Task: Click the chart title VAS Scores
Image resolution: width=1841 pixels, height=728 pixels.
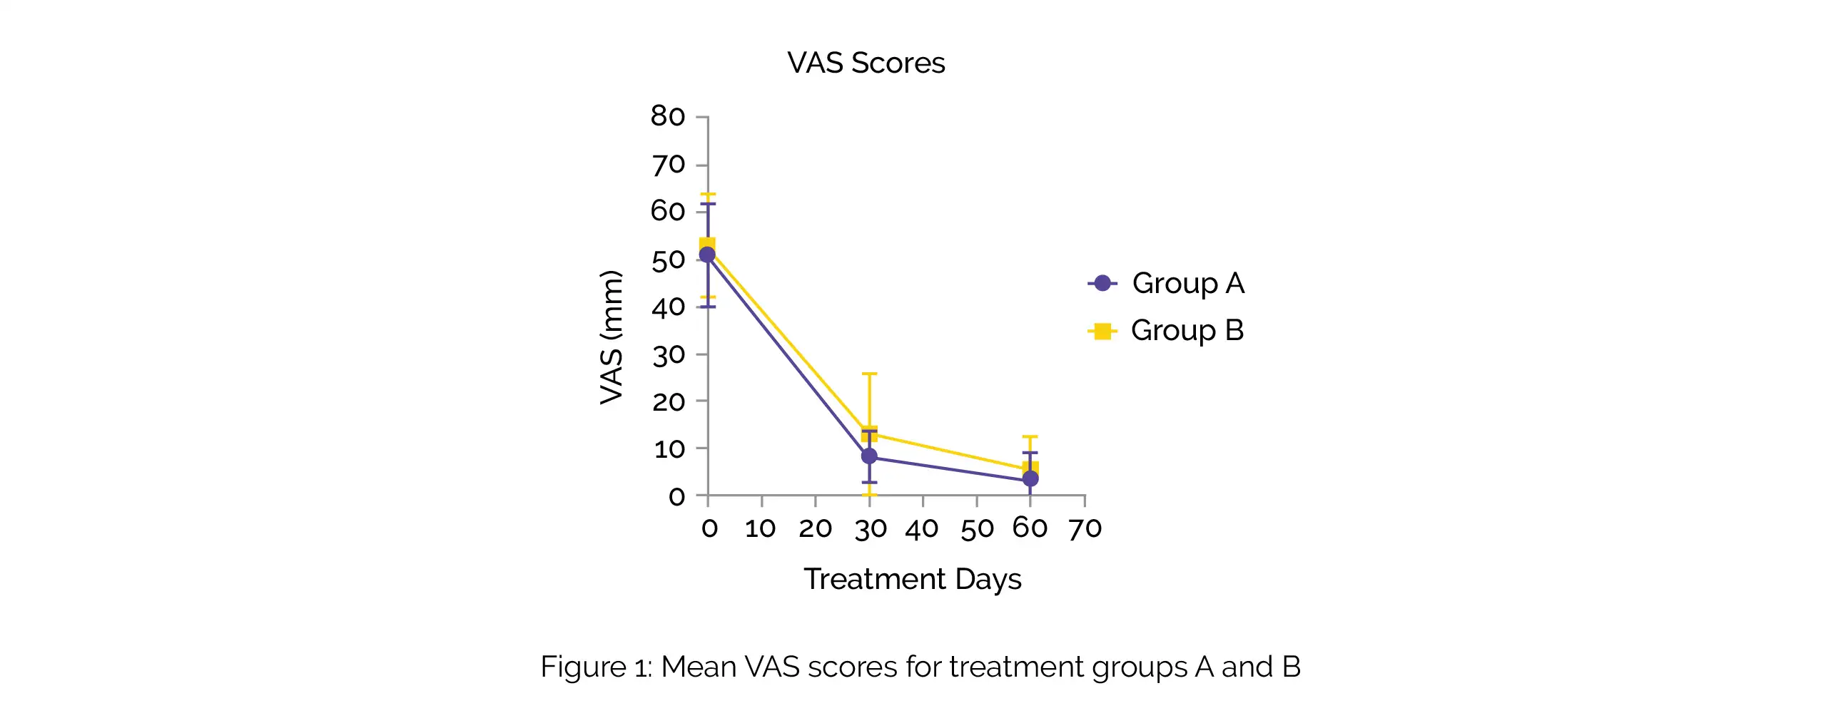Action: pyautogui.click(x=866, y=63)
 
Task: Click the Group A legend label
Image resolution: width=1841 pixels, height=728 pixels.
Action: pyautogui.click(x=1188, y=284)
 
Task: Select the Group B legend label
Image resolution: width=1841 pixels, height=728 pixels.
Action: pyautogui.click(x=1187, y=331)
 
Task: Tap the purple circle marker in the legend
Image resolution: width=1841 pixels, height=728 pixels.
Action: pyautogui.click(x=1102, y=284)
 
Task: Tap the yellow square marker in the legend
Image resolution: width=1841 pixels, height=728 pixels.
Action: pyautogui.click(x=1102, y=331)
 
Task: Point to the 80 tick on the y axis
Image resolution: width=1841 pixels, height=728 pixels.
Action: pyautogui.click(x=667, y=116)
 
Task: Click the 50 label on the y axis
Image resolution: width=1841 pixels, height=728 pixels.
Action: pyautogui.click(x=667, y=260)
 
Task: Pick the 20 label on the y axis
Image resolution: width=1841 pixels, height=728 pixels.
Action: pyautogui.click(x=667, y=401)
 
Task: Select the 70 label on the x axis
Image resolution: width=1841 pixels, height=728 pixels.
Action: pyautogui.click(x=1085, y=528)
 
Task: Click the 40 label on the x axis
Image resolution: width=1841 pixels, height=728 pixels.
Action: pyautogui.click(x=922, y=528)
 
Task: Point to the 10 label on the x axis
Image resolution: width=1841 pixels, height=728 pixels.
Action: pyautogui.click(x=761, y=528)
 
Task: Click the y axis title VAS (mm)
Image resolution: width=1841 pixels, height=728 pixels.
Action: pyautogui.click(x=611, y=337)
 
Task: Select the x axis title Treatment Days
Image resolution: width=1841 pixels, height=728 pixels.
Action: pyautogui.click(x=912, y=579)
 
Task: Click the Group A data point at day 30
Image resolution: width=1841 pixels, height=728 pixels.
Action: pyautogui.click(x=869, y=456)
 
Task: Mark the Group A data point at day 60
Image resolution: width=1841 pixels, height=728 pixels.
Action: pyautogui.click(x=1030, y=478)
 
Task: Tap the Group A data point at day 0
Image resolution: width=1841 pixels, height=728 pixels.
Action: pyautogui.click(x=708, y=255)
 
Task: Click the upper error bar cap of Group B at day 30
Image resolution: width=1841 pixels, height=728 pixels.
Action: pyautogui.click(x=869, y=374)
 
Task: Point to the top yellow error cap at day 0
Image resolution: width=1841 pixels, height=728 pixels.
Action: pyautogui.click(x=708, y=195)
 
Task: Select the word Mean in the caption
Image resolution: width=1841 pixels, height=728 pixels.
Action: pyautogui.click(x=699, y=667)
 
